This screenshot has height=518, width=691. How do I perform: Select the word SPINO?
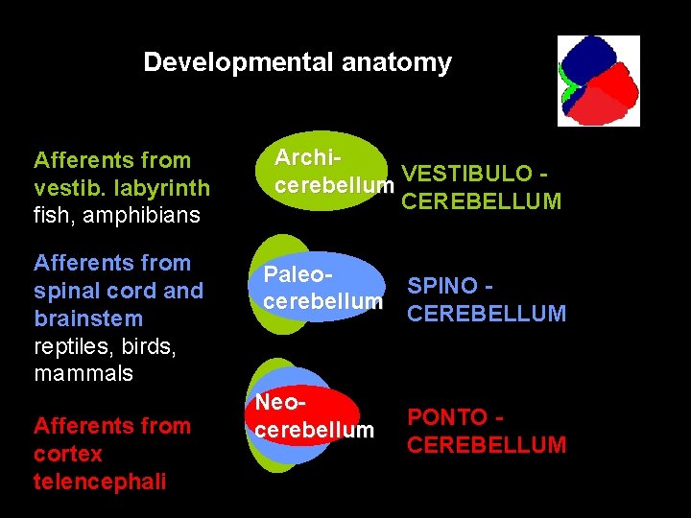click(444, 286)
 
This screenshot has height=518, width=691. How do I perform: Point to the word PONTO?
click(447, 417)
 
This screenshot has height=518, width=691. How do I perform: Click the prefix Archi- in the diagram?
click(310, 156)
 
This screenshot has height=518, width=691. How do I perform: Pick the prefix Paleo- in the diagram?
click(298, 274)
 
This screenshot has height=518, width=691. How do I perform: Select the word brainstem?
click(88, 318)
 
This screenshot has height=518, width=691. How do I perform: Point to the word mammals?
click(83, 373)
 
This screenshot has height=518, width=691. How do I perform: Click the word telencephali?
click(100, 482)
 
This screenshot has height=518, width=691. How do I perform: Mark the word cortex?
click(68, 454)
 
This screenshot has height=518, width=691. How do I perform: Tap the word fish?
click(50, 215)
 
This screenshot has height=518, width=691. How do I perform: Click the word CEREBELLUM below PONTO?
click(487, 445)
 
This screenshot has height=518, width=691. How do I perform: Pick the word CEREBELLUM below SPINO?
click(487, 314)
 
